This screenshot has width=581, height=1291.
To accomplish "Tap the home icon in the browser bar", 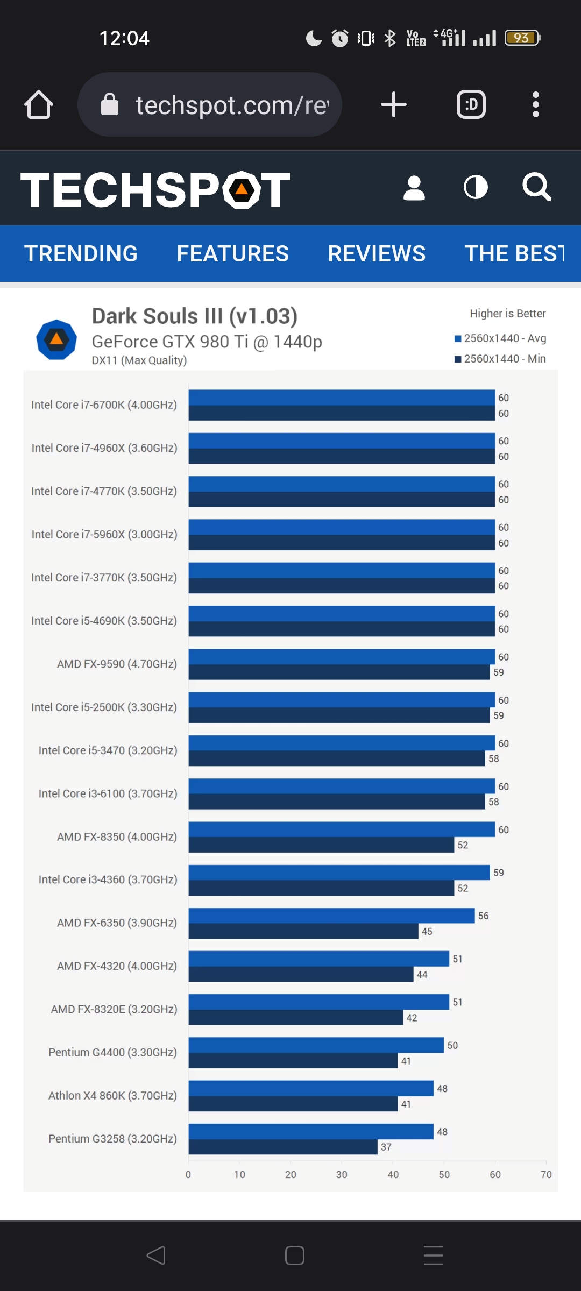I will pos(39,104).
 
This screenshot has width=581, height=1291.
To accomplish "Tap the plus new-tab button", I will pos(394,104).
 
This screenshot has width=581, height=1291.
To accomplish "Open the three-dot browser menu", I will pos(535,104).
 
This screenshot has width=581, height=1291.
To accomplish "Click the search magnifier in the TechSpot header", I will pos(536,187).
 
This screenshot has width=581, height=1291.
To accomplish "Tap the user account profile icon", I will pos(414,188).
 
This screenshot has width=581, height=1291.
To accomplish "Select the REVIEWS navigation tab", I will pos(377,253).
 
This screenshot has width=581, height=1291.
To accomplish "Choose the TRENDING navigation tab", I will pos(81,253).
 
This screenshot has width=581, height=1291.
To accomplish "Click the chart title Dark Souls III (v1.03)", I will pos(195,316).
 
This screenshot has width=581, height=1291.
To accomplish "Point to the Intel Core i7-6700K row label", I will pos(104,405).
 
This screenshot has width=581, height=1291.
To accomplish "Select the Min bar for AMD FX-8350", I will pos(321,845).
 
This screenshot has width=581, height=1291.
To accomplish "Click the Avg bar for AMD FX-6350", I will pos(331,916).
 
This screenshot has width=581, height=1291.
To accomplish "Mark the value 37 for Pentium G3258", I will pos(386,1147).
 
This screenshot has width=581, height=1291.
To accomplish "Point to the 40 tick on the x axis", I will pos(393,1175).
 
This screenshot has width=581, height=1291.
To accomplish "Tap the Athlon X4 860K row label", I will pos(112,1095).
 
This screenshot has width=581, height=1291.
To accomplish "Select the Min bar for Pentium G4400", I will pos(293,1061).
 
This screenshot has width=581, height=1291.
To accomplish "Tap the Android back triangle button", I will pos(156,1255).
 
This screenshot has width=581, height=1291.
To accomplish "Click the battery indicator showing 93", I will pos(522,38).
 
